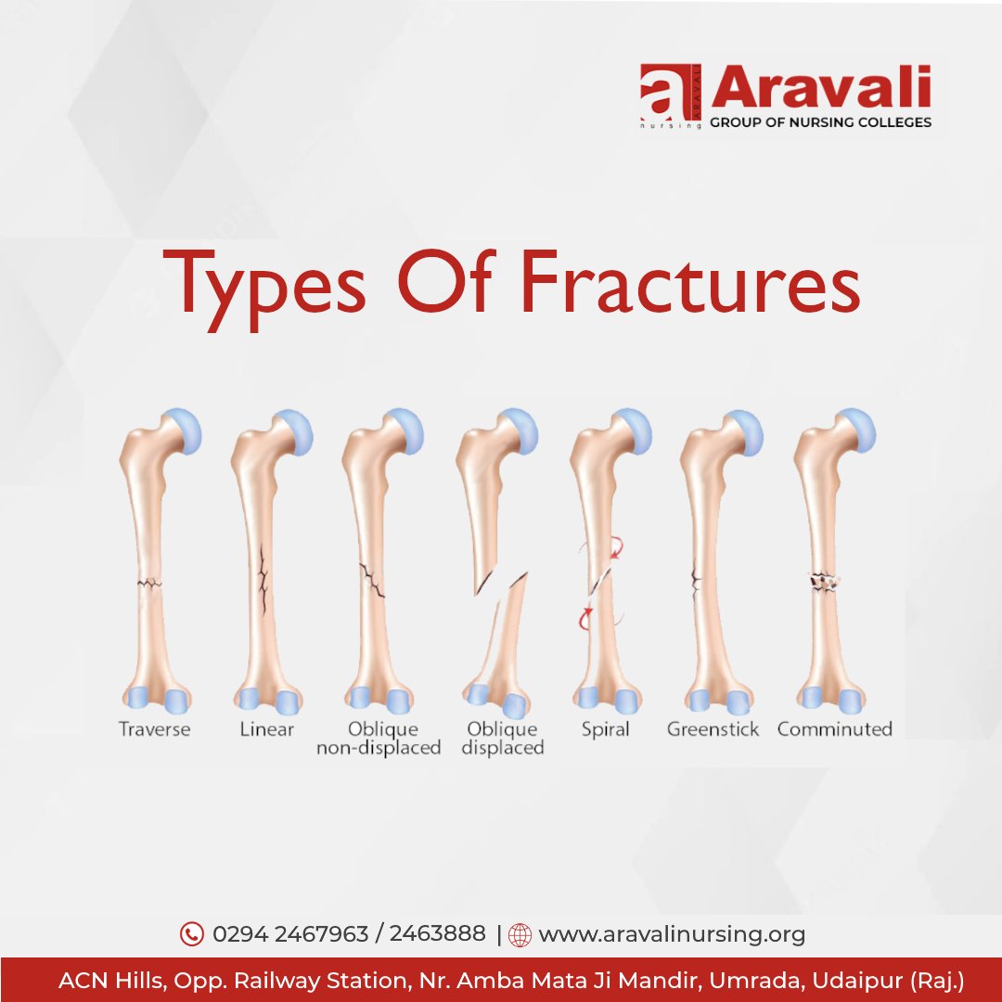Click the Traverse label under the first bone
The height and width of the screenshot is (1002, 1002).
coord(154,729)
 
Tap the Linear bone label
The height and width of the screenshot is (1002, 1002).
coord(266,729)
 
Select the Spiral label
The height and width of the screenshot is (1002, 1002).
coord(605,729)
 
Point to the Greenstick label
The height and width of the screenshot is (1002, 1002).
coord(713,729)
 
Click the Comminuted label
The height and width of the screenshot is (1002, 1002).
coord(834,729)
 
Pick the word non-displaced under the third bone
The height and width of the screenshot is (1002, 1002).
coord(379,748)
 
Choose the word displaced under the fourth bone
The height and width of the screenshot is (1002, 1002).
coord(502,748)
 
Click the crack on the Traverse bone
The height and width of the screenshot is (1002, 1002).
coord(148,584)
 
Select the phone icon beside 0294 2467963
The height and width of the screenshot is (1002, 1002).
coord(191,934)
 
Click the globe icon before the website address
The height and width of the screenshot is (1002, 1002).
coord(520,935)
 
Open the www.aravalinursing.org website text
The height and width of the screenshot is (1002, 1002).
coord(672,934)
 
